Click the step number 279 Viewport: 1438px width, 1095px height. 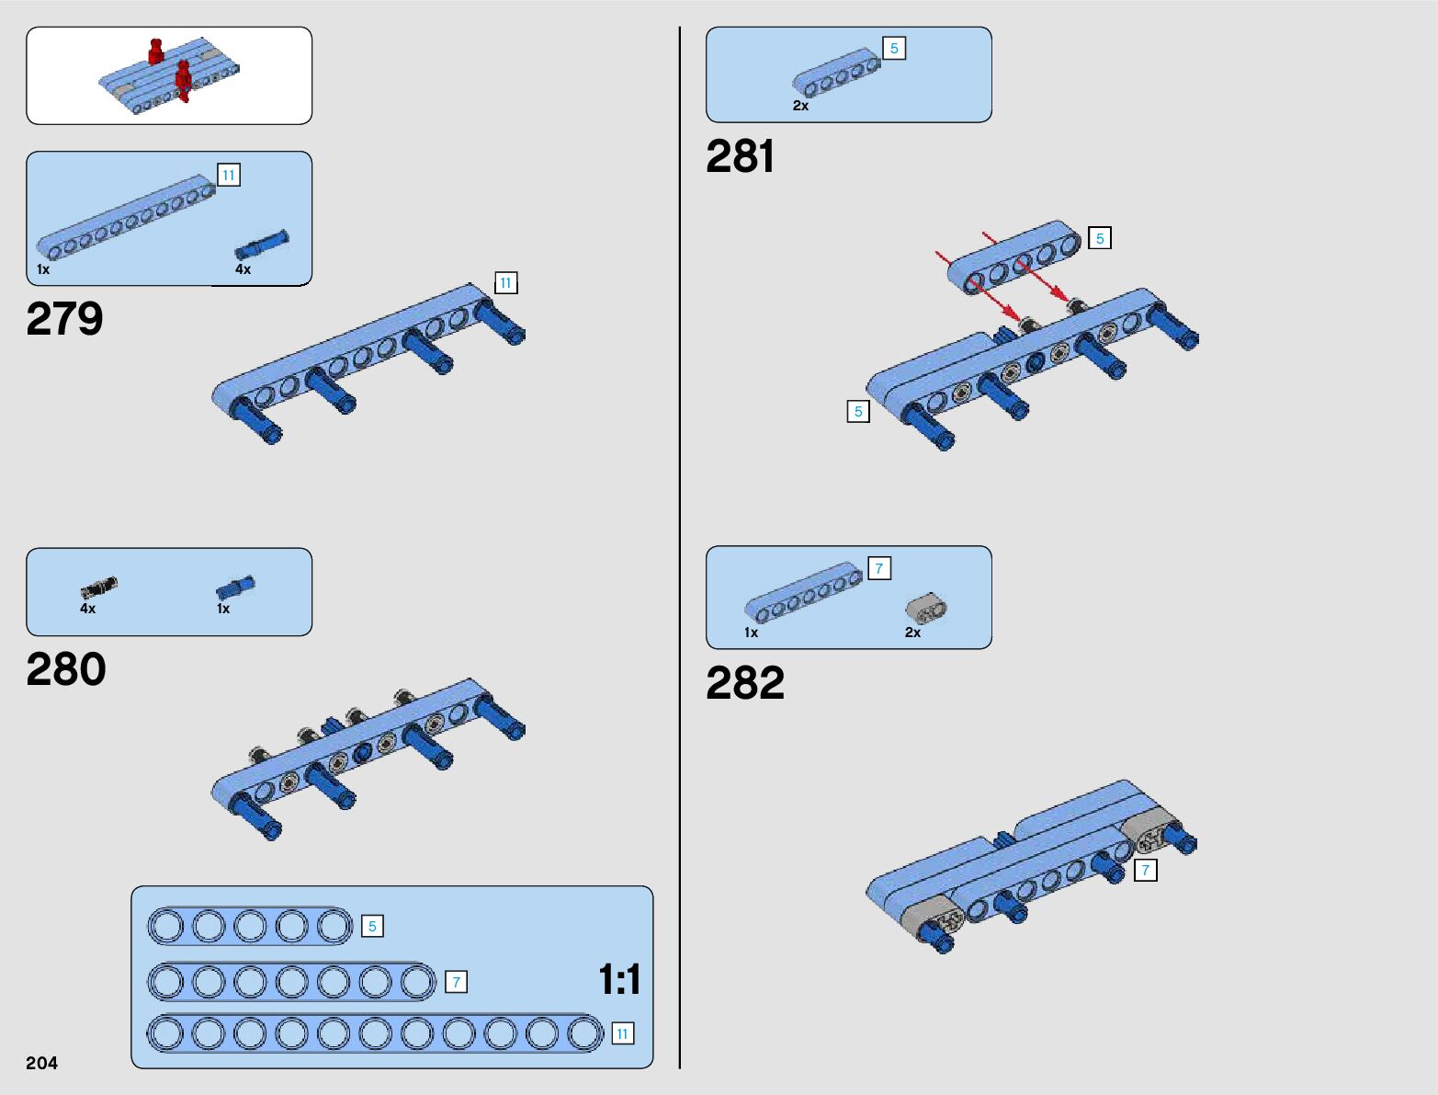(64, 319)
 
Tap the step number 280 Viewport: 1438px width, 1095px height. (66, 669)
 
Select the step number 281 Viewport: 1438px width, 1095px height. (741, 156)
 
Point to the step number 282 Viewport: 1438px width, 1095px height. (745, 683)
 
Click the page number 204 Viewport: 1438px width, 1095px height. (42, 1063)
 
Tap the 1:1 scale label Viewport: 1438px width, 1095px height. (619, 979)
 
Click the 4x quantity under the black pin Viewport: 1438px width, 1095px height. (88, 609)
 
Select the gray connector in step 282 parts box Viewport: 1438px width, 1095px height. (925, 608)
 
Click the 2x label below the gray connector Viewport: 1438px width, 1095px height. (912, 633)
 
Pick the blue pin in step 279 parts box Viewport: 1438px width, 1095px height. (262, 245)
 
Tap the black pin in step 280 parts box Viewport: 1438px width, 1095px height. (99, 587)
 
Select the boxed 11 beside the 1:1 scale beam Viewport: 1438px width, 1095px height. (622, 1034)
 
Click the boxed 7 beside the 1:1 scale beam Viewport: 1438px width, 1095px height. (456, 982)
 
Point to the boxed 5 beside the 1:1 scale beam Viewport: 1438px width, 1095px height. (372, 926)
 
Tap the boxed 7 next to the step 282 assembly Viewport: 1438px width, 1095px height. (1145, 870)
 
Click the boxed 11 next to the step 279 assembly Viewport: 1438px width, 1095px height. (505, 283)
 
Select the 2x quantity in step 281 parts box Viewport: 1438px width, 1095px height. (800, 106)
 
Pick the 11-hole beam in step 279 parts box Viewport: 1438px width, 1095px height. (126, 217)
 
